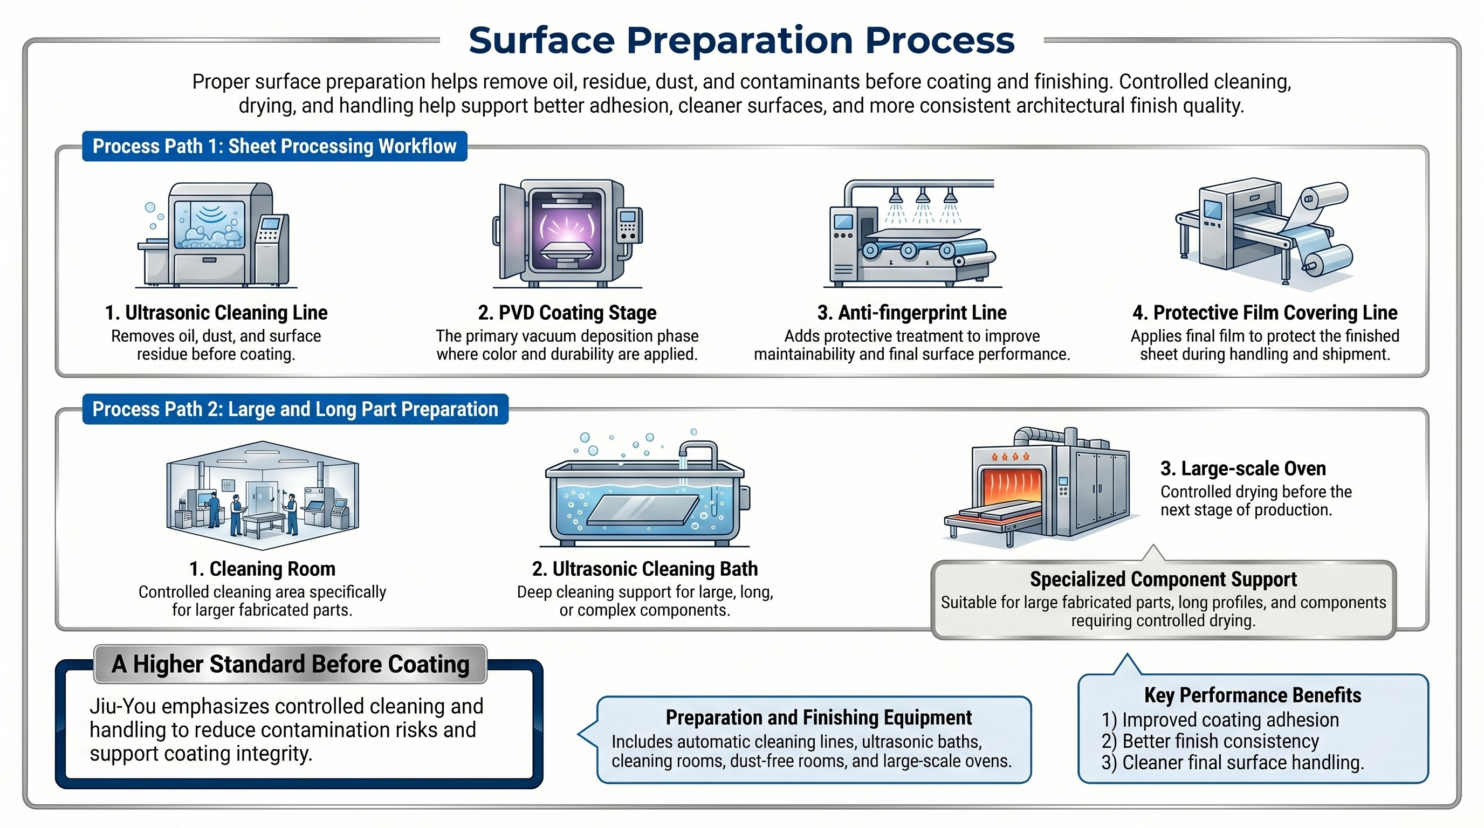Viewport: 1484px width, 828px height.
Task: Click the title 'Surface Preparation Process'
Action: tap(741, 40)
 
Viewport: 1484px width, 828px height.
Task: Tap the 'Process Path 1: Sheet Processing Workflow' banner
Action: tap(274, 146)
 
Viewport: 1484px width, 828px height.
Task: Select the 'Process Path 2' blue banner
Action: tap(295, 409)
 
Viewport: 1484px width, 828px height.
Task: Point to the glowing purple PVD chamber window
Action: tap(567, 230)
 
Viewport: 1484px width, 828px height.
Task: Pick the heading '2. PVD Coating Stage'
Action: tap(567, 313)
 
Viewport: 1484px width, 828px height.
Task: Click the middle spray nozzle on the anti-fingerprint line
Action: tap(923, 197)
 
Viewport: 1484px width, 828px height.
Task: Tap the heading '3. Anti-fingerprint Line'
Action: tap(912, 313)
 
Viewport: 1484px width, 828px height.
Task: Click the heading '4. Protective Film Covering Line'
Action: tap(1265, 313)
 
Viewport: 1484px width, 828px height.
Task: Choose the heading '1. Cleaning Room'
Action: tap(262, 569)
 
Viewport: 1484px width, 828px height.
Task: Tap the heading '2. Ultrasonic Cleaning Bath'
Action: tap(644, 569)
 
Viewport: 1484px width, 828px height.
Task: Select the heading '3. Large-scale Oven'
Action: tap(1243, 468)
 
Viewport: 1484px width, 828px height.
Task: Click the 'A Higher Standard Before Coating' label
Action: tap(290, 664)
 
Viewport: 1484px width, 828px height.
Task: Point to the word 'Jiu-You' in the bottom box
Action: tap(121, 707)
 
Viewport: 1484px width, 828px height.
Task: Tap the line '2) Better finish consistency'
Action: tap(1210, 741)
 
